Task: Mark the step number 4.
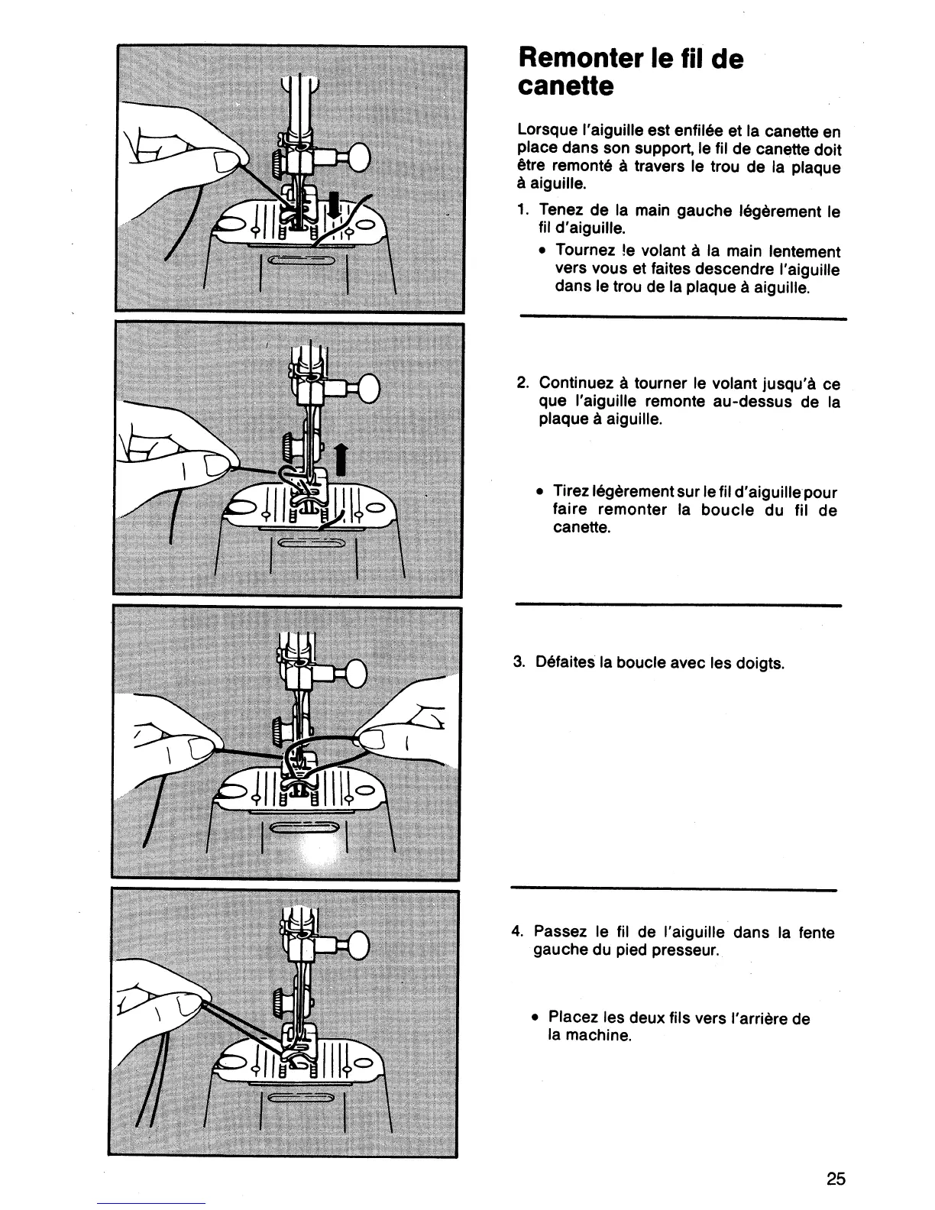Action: pyautogui.click(x=518, y=932)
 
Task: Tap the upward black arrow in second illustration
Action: pyautogui.click(x=341, y=461)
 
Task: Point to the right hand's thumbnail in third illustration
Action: pyautogui.click(x=374, y=739)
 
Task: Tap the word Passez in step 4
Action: pyautogui.click(x=560, y=932)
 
